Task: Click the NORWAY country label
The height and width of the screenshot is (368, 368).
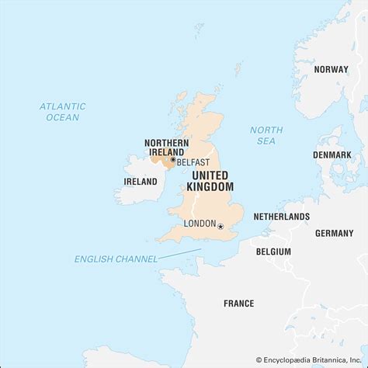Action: tap(331, 69)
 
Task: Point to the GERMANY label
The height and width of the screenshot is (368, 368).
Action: tap(334, 233)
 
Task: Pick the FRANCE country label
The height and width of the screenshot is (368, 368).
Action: tap(239, 304)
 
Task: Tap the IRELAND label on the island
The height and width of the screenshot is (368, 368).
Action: tap(141, 181)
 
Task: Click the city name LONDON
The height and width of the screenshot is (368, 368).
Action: tap(200, 224)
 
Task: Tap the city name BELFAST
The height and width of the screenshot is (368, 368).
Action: tap(193, 162)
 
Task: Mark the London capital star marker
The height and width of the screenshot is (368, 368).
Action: tap(220, 226)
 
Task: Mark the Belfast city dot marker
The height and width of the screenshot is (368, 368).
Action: tap(172, 160)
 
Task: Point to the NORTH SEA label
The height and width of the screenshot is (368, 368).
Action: tap(267, 135)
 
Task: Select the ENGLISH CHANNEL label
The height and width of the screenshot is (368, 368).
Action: tap(116, 259)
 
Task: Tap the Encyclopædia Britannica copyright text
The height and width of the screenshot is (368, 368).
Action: tap(311, 359)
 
